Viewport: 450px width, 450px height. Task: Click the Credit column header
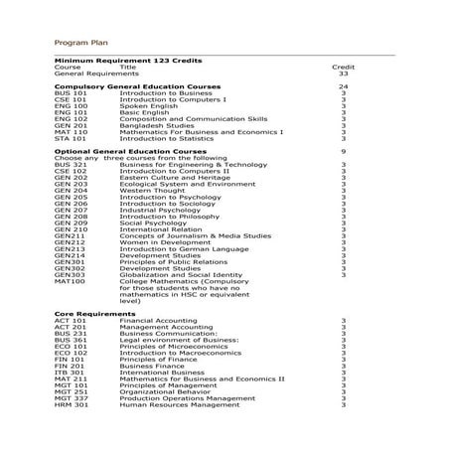tap(343, 67)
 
